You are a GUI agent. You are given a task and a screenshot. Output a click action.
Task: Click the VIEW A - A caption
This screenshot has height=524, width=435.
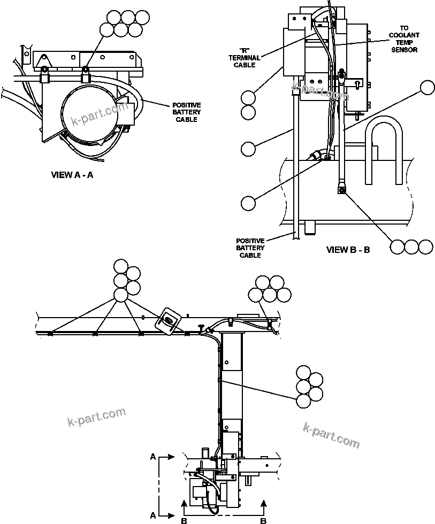(72, 175)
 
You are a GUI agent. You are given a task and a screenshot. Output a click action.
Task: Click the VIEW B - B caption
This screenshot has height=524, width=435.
(348, 250)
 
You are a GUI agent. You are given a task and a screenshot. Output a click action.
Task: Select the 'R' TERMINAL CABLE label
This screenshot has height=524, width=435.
(245, 58)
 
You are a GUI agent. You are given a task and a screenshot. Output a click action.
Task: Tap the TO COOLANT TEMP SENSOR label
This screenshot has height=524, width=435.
(404, 38)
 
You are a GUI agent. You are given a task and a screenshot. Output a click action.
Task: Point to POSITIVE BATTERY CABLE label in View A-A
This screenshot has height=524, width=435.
(186, 112)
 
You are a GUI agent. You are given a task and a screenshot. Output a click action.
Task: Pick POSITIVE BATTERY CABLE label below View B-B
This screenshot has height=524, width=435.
(250, 248)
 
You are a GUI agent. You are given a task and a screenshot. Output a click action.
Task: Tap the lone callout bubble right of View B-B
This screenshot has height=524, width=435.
(427, 88)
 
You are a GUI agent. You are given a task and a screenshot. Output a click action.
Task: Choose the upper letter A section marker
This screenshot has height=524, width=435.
(153, 457)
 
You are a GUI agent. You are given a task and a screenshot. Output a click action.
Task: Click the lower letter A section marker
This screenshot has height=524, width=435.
(153, 515)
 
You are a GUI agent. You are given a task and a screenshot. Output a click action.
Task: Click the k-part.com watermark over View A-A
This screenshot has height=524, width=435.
(100, 114)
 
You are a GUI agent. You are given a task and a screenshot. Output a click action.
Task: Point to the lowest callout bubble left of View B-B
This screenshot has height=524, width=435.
(248, 203)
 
